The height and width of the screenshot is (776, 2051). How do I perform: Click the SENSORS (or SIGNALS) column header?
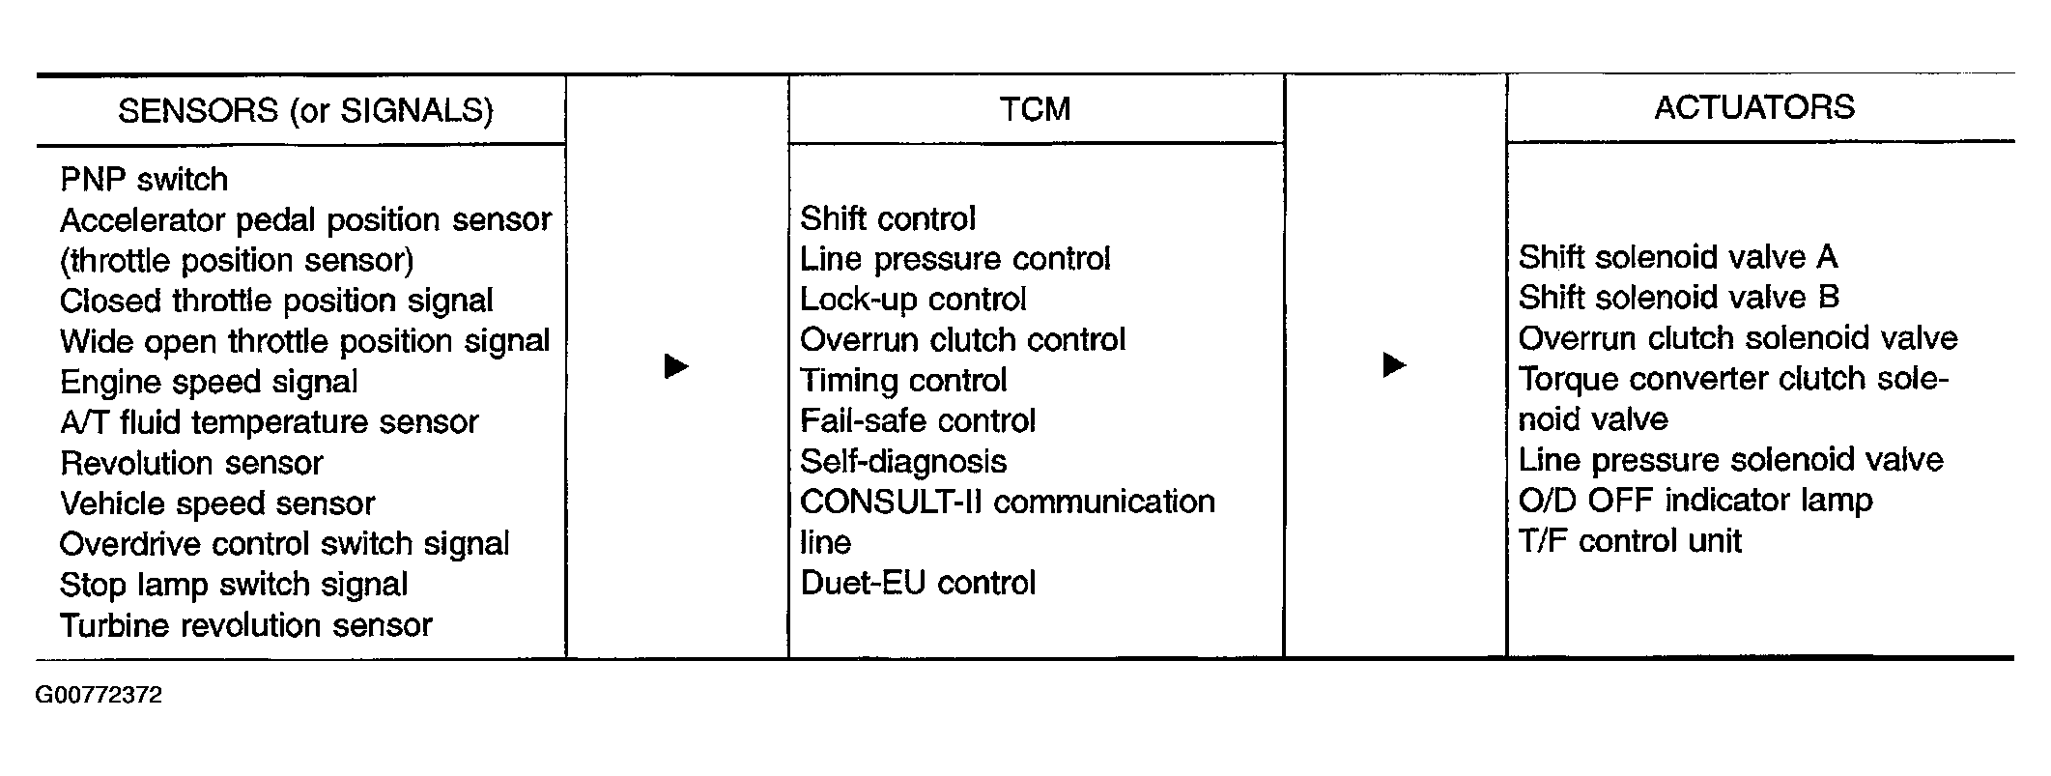point(305,111)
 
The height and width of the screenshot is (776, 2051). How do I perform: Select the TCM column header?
point(1035,108)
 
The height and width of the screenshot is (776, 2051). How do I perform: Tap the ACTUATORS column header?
point(1754,106)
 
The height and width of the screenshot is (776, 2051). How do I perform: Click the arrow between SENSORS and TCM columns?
point(676,366)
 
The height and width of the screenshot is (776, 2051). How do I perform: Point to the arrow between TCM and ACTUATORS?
point(1395,364)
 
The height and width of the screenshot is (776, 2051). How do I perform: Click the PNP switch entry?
point(144,180)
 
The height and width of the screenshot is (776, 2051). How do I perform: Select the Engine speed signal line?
point(209,382)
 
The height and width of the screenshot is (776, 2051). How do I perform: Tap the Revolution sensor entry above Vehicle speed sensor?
point(191,463)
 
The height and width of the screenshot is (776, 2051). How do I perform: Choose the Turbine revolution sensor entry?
point(245,625)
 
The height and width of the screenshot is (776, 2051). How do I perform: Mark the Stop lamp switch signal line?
point(234,585)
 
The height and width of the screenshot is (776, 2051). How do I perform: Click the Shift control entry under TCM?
point(888,218)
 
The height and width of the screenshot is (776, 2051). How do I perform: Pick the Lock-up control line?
point(913,300)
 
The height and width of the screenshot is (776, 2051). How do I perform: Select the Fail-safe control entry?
point(918,420)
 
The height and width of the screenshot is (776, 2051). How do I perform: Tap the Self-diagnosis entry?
point(903,462)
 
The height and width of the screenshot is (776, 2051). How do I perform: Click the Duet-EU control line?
point(918,583)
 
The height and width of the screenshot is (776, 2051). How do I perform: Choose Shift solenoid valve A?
point(1678,257)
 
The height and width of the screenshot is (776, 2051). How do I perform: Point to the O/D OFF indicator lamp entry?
point(1695,500)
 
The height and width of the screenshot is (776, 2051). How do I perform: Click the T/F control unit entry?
point(1630,540)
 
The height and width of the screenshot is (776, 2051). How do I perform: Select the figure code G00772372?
point(100,695)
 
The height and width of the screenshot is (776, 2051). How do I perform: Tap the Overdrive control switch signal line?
point(284,544)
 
